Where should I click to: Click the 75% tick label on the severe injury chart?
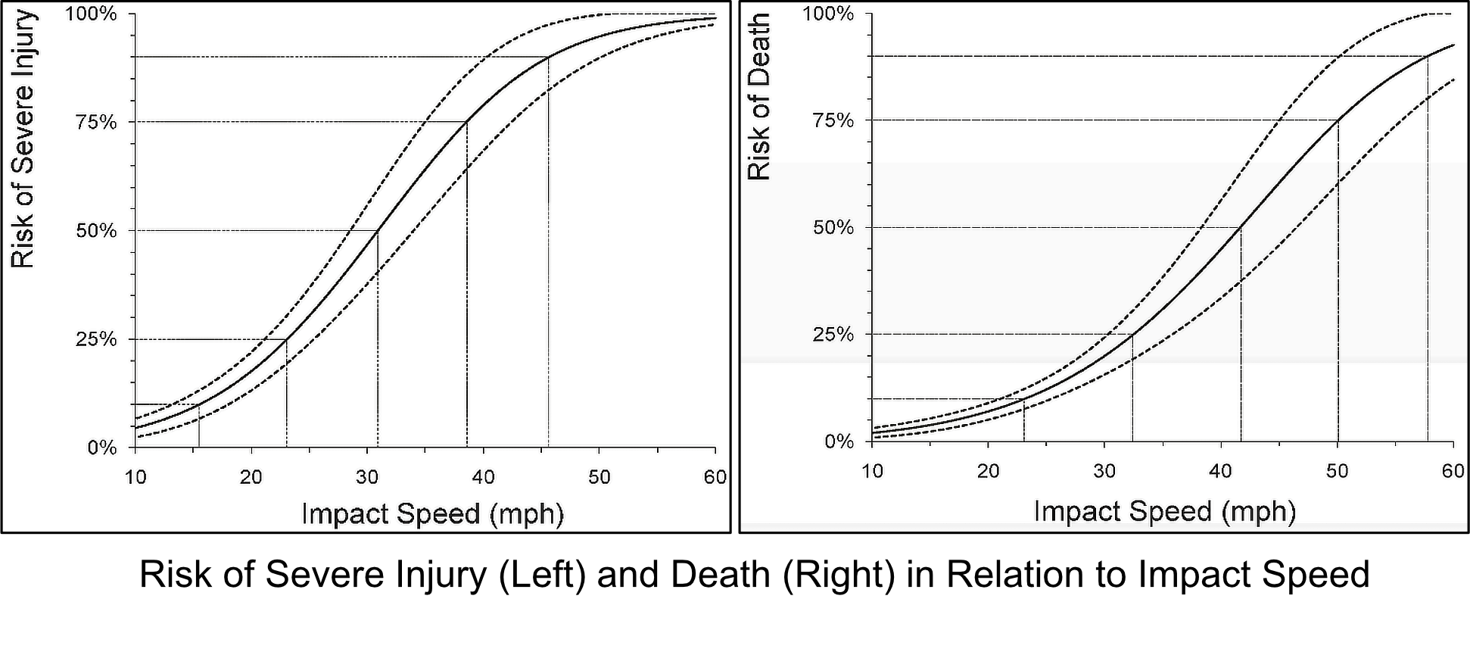pyautogui.click(x=96, y=123)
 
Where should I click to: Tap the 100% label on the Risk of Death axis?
pyautogui.click(x=828, y=14)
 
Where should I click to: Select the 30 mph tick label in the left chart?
pyautogui.click(x=367, y=477)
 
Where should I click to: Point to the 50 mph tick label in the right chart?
pyautogui.click(x=1337, y=471)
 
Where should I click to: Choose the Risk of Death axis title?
pyautogui.click(x=759, y=97)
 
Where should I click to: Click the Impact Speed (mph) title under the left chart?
pyautogui.click(x=432, y=513)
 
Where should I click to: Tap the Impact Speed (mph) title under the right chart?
pyautogui.click(x=1164, y=511)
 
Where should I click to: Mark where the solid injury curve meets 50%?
pyautogui.click(x=378, y=230)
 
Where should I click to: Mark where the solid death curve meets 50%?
pyautogui.click(x=1241, y=227)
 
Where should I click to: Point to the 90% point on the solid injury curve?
pyautogui.click(x=549, y=57)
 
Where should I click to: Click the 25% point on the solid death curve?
pyautogui.click(x=1132, y=334)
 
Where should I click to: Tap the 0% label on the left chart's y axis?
pyautogui.click(x=102, y=448)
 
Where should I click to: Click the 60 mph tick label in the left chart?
pyautogui.click(x=715, y=477)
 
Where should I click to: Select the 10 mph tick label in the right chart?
pyautogui.click(x=872, y=471)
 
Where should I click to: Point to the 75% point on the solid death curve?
pyautogui.click(x=1338, y=120)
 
